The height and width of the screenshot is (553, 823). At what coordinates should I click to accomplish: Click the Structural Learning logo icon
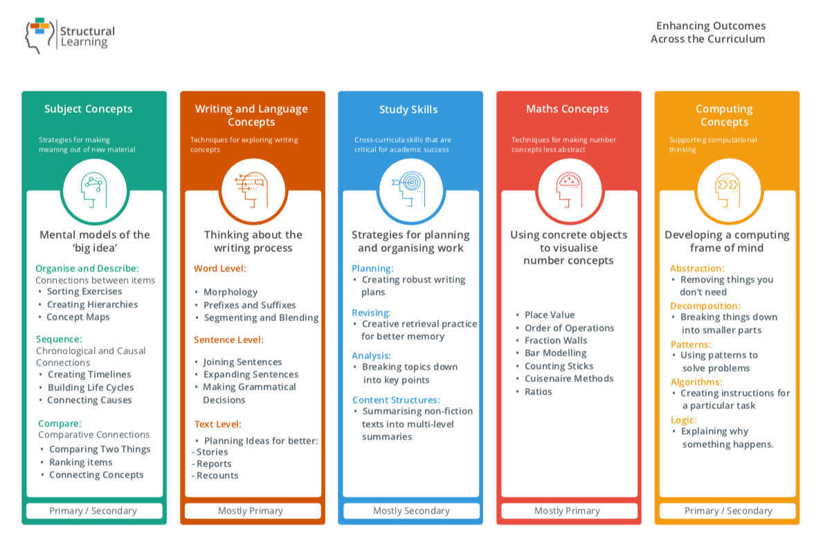[39, 35]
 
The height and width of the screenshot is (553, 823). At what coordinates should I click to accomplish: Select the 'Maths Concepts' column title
[567, 109]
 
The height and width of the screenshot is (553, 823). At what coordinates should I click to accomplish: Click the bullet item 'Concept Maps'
[78, 317]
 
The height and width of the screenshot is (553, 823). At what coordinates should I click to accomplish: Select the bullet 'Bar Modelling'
[555, 353]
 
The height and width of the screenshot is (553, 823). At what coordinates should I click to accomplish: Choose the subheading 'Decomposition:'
[705, 306]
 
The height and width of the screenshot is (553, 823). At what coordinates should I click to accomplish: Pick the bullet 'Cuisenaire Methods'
[568, 379]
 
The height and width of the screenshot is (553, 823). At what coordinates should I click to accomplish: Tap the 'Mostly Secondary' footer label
[411, 511]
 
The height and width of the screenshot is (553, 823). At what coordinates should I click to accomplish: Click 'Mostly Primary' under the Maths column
[567, 511]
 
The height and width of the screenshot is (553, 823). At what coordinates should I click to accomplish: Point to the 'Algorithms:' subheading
[696, 381]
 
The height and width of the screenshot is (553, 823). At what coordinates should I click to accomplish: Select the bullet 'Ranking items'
[80, 462]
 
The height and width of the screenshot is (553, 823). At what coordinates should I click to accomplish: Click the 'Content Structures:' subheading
[396, 400]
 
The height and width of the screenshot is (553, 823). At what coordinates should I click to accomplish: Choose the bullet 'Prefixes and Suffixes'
[249, 305]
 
